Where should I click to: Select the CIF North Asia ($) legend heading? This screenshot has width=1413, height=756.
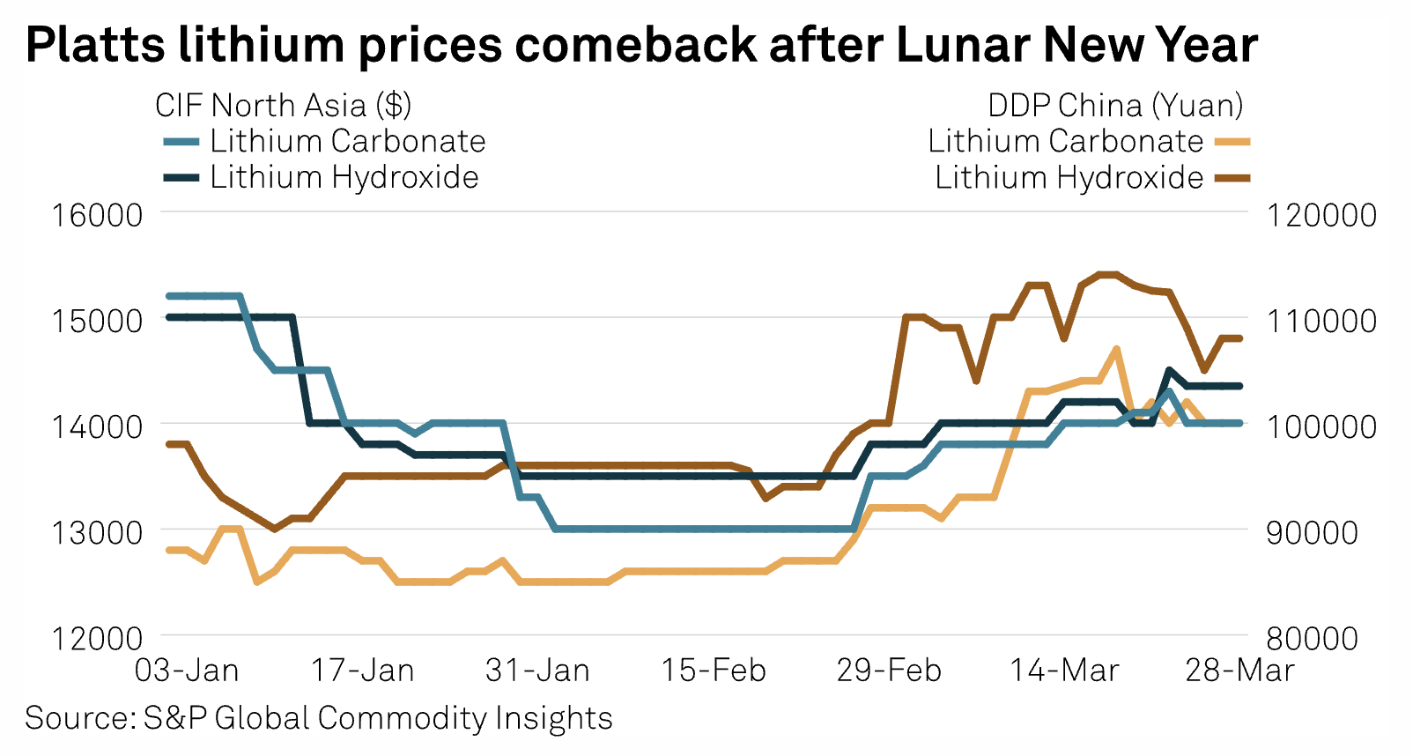coord(283,105)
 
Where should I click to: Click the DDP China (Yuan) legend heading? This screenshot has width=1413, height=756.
coord(1115,105)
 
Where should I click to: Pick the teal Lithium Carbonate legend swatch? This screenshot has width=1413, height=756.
coord(181,142)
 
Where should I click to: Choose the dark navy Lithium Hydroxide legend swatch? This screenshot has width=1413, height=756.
coord(181,178)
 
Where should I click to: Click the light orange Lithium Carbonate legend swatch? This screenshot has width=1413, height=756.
coord(1232,142)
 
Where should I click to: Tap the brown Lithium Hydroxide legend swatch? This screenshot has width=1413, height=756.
coord(1232,178)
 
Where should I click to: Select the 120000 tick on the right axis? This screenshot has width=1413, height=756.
coord(1321,214)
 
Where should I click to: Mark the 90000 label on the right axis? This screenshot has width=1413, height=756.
coord(1312,532)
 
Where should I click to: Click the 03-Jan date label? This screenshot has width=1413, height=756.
coord(187,671)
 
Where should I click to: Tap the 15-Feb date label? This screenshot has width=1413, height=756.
coord(714,671)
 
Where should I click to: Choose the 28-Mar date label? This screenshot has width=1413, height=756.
coord(1239,671)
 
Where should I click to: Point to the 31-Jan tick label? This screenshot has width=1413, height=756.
coord(537,671)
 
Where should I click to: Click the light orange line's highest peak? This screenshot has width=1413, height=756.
coord(1116,349)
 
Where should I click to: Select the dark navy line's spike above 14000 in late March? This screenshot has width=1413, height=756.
coord(1169,370)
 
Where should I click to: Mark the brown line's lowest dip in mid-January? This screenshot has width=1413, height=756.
coord(274,529)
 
